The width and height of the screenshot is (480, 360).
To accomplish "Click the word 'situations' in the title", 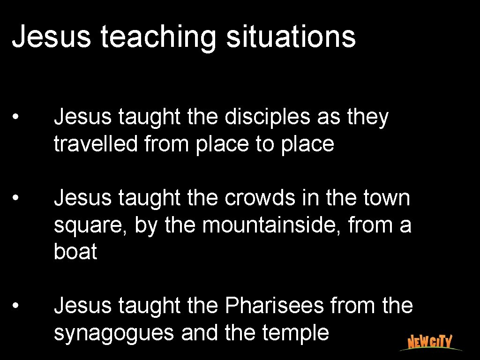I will (x=291, y=37).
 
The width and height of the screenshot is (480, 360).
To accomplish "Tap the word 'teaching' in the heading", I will (x=158, y=38).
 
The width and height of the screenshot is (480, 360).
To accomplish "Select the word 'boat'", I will (x=75, y=252).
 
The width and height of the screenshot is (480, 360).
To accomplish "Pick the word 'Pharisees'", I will (x=274, y=306).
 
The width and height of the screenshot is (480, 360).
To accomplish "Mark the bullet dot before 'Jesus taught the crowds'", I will (x=16, y=198).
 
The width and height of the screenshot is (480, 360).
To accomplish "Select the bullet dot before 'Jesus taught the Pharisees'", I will (x=16, y=306).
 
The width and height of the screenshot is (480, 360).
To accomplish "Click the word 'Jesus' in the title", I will (x=51, y=37).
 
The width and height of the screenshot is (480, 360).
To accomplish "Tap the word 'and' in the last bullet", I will (x=199, y=333).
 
